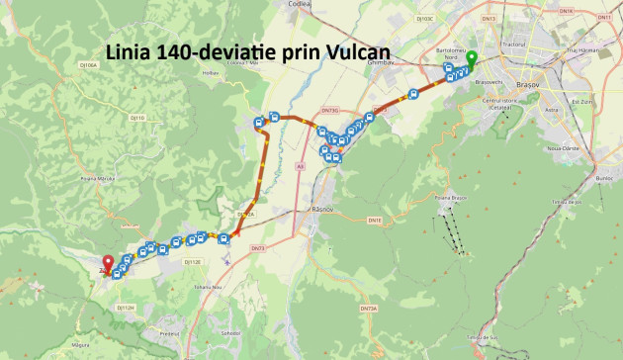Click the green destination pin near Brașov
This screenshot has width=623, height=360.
[x=472, y=57]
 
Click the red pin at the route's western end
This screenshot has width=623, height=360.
[x=108, y=263]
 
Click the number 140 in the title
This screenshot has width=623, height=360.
[x=174, y=50]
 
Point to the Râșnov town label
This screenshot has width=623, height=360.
[x=322, y=211]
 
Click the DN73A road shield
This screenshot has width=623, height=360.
[x=369, y=310]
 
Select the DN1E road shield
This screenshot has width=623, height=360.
[x=375, y=220]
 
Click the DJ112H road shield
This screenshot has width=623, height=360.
[x=126, y=308]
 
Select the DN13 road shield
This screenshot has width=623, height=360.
[x=514, y=18]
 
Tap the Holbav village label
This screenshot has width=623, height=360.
[x=210, y=72]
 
